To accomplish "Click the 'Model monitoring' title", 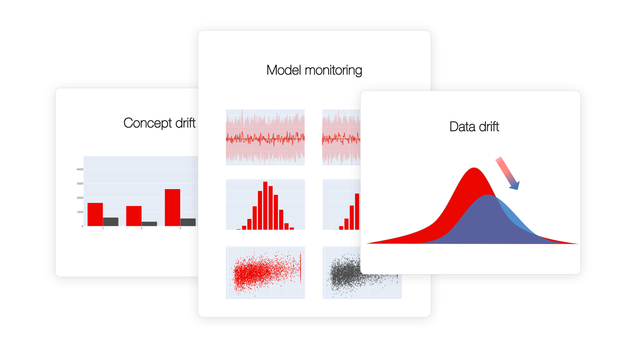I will click(x=314, y=70).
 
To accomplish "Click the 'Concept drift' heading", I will click(x=159, y=123).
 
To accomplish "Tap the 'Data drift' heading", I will click(x=474, y=127).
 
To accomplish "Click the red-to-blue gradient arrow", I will click(x=507, y=173).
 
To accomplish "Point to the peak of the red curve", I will click(x=474, y=169).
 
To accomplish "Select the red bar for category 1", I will click(x=95, y=214).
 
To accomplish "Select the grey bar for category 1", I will click(x=110, y=222).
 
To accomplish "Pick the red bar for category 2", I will click(x=134, y=216).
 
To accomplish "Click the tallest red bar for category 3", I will click(x=172, y=207).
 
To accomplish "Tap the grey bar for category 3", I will click(x=188, y=222).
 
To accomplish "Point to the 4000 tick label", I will click(x=80, y=169).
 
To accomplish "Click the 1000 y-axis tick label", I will click(x=80, y=212).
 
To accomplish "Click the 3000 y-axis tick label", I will click(x=80, y=184).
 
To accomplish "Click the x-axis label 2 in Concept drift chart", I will click(x=141, y=228).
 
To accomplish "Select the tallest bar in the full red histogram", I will click(x=265, y=205).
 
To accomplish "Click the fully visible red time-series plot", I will click(x=265, y=137).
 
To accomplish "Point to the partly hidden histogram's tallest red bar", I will click(x=357, y=211).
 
